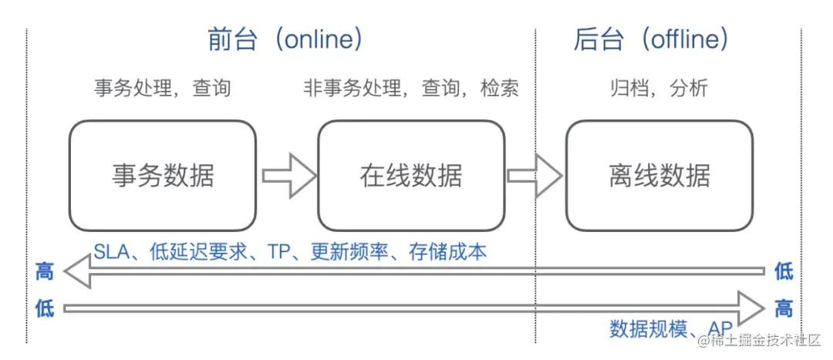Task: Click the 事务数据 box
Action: (162, 175)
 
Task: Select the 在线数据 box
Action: (410, 175)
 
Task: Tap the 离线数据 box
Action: (659, 175)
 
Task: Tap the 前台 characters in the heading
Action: (232, 39)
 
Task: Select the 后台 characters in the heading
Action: (598, 39)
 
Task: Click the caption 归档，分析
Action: (658, 89)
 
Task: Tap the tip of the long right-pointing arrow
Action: (763, 308)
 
